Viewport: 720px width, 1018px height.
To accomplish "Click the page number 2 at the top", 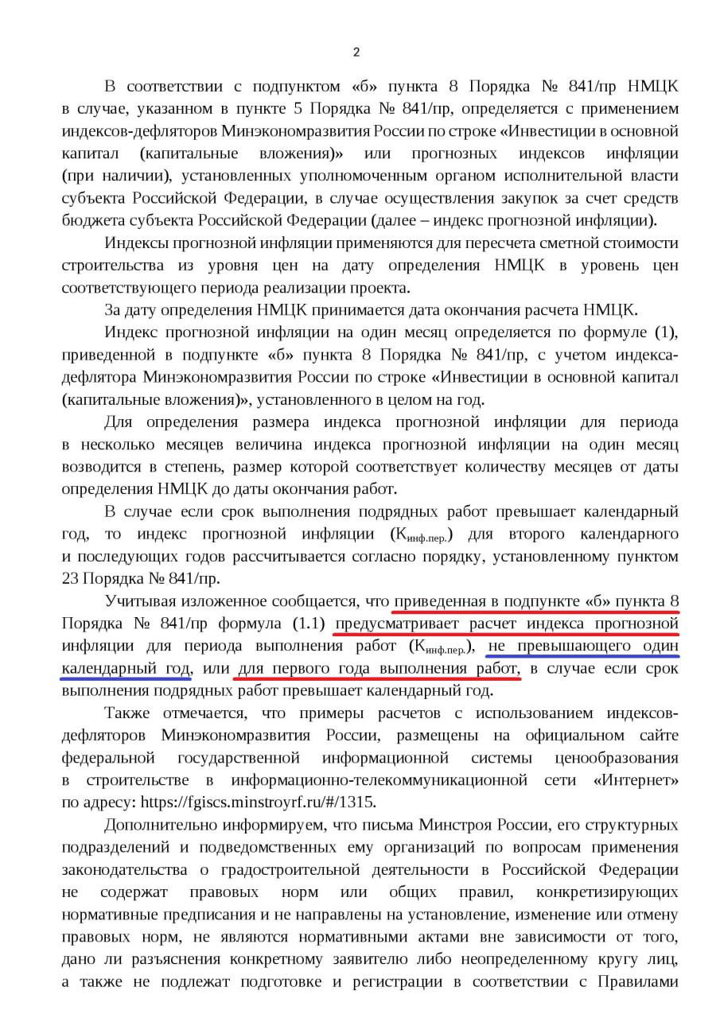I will point(356,52).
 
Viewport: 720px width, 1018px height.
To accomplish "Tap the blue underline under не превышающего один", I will point(582,657).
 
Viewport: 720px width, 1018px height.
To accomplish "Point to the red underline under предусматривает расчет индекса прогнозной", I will point(506,635).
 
